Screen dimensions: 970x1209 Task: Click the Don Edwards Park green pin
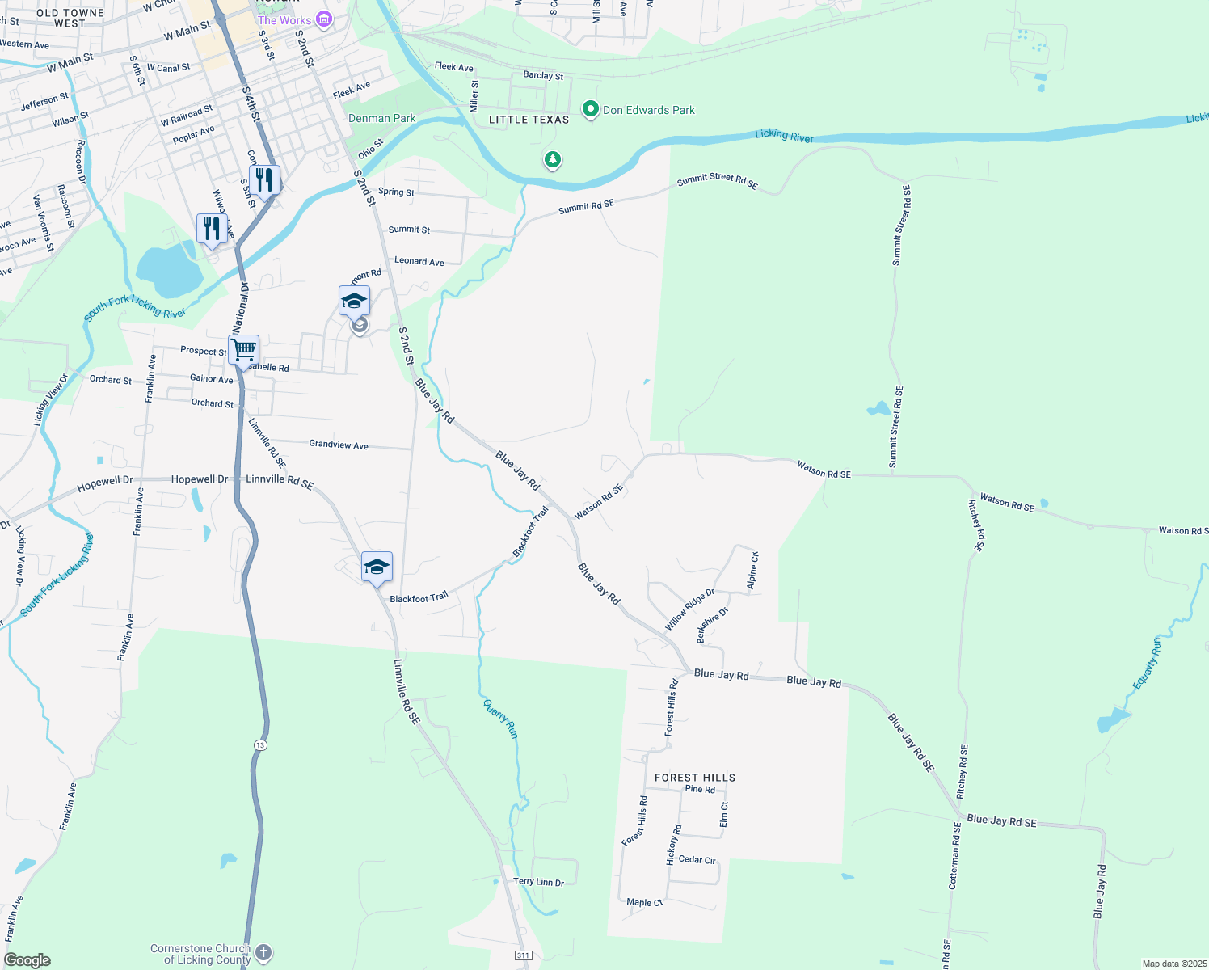coord(591,109)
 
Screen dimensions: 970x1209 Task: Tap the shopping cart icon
coord(243,350)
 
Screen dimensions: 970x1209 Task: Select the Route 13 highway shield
coord(259,744)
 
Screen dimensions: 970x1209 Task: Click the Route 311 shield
coord(524,955)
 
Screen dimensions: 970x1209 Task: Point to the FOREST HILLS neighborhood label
coord(695,778)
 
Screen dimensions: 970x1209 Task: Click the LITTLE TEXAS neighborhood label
coord(529,120)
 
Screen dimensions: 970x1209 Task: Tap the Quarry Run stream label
coord(500,718)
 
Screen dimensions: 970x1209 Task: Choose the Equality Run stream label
coord(1147,664)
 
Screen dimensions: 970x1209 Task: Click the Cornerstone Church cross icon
coord(263,953)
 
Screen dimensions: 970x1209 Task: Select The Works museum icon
coord(324,19)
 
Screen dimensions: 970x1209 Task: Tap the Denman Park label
coord(381,118)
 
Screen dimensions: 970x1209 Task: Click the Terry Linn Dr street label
coord(538,882)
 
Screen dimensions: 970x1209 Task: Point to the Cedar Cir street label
coord(697,860)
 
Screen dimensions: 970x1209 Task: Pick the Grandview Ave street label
coord(339,445)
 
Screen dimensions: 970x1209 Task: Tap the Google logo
coord(27,960)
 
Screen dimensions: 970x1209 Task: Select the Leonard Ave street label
coord(419,261)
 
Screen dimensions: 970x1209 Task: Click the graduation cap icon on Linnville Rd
coord(377,567)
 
